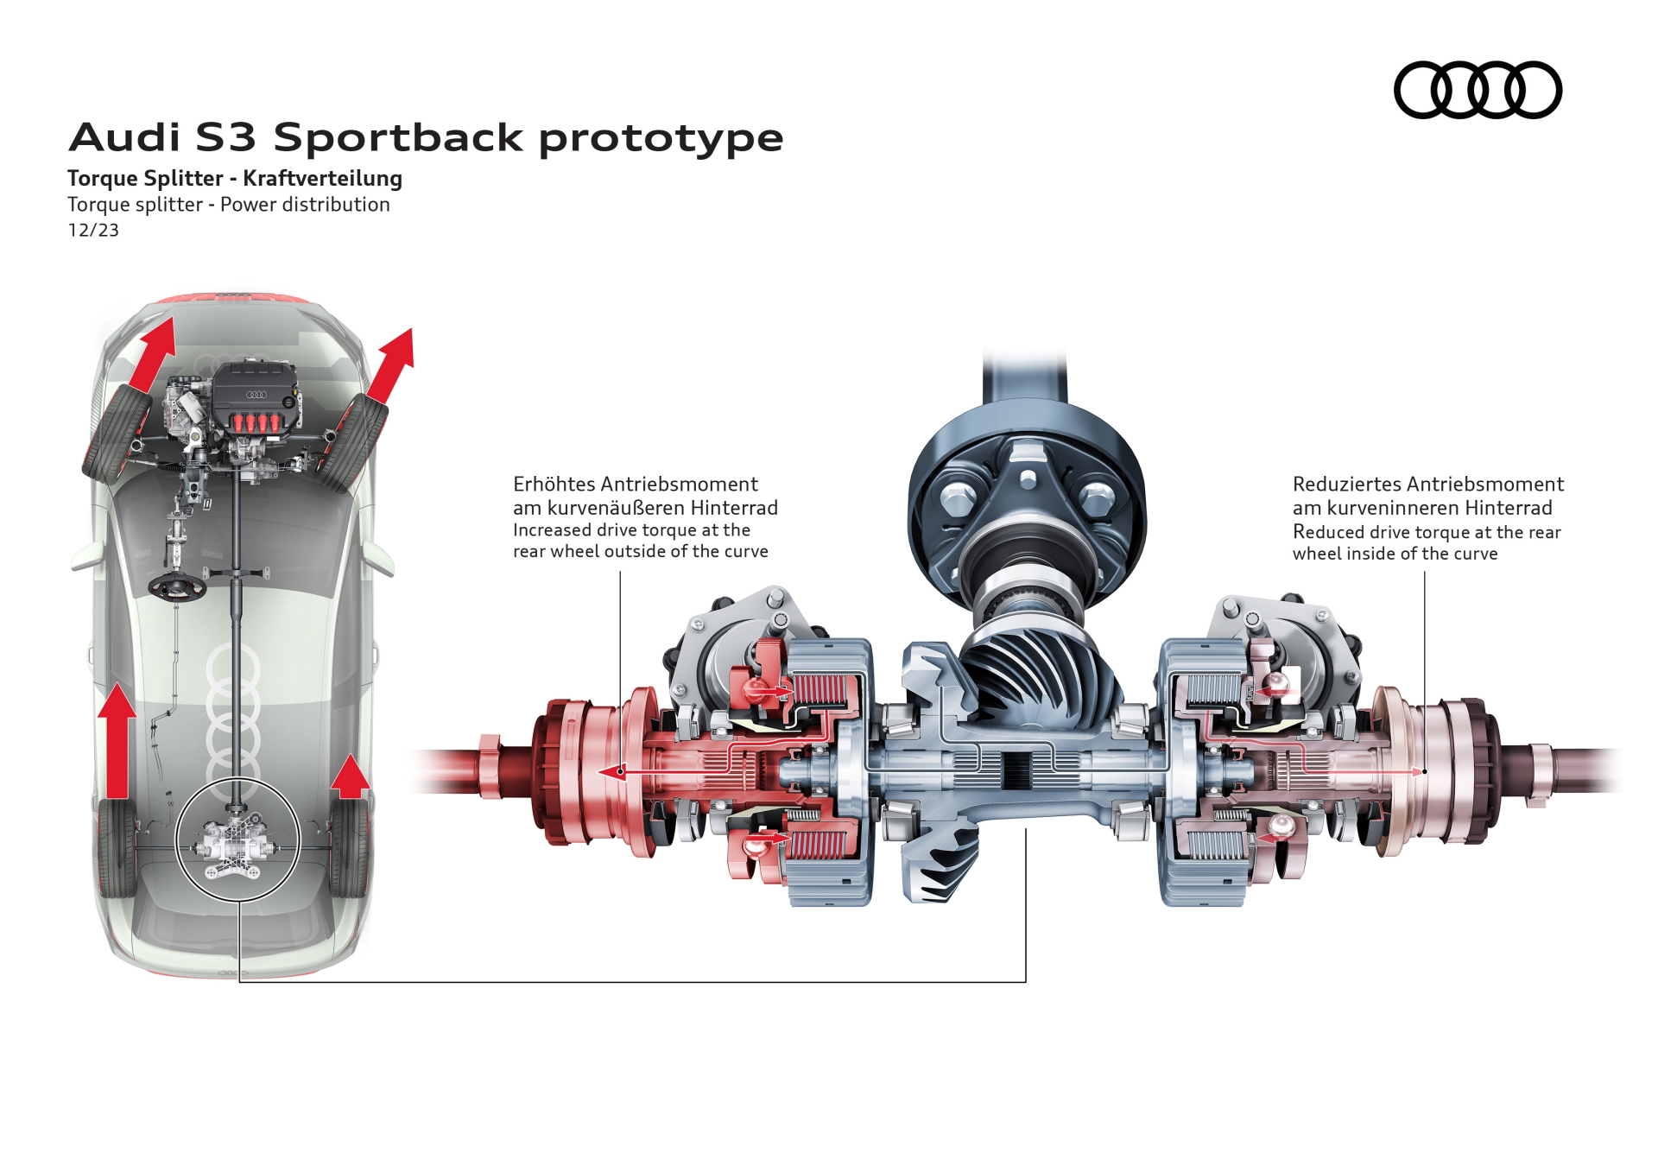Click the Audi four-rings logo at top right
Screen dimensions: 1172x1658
click(x=1478, y=90)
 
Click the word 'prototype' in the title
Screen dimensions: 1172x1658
click(x=661, y=139)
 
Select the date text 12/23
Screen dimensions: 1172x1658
click(x=93, y=231)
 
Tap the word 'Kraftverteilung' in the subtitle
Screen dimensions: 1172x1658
click(x=322, y=179)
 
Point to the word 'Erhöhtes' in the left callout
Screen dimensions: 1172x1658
click(x=553, y=484)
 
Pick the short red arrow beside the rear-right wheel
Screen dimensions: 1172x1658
click(x=350, y=776)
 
